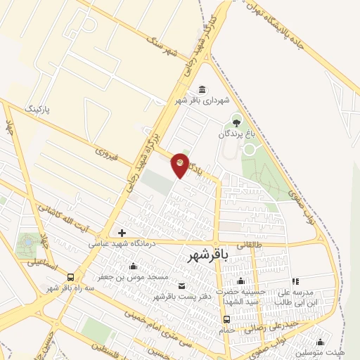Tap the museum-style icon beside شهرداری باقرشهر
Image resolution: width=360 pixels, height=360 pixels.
point(202,89)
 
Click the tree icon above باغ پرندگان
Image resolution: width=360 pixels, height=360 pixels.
point(236,118)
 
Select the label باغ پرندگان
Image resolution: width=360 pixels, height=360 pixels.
point(234,133)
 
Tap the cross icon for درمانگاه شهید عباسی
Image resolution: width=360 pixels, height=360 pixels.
point(122,233)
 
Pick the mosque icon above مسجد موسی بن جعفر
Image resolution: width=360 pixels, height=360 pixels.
point(133,266)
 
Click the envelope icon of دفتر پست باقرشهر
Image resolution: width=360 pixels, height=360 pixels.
point(182,285)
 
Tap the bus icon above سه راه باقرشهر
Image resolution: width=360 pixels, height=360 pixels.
point(71,276)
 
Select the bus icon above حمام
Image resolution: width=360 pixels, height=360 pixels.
point(226,320)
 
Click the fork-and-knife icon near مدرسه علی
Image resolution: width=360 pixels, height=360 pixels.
point(295,281)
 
